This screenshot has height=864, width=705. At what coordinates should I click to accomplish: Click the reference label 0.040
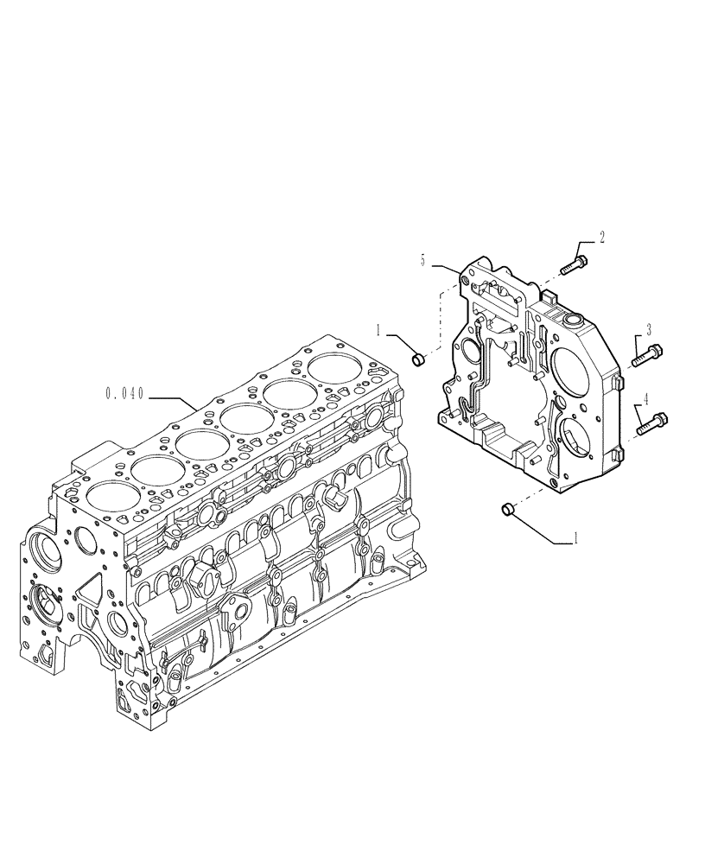[x=124, y=394]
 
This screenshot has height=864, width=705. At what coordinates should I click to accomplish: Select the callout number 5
[x=423, y=259]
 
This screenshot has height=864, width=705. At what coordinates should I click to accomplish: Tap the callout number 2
[x=602, y=236]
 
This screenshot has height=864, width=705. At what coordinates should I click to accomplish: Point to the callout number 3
[x=648, y=329]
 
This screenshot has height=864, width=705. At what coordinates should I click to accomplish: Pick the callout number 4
[x=645, y=399]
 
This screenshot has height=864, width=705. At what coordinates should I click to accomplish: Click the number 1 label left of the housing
[x=378, y=328]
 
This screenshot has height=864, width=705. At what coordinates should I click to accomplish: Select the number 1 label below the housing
[x=574, y=537]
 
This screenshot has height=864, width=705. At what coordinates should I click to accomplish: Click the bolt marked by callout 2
[x=573, y=263]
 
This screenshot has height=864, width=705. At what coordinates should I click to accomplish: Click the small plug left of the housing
[x=417, y=358]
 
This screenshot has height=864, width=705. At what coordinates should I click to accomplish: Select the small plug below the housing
[x=508, y=511]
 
